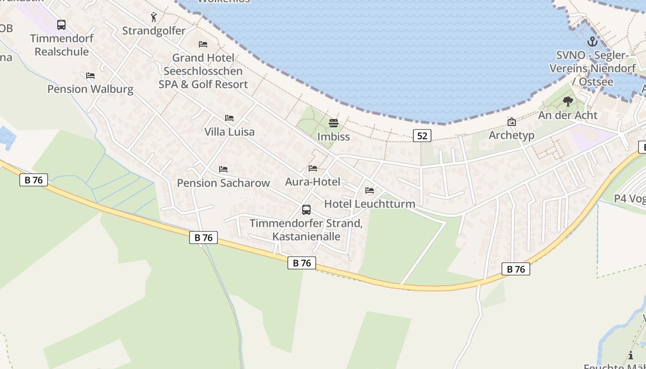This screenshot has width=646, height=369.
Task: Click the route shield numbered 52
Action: pos(422,135)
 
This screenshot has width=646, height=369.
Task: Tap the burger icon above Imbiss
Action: pos(334,123)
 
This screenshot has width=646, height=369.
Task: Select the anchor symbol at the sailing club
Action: pos(592,42)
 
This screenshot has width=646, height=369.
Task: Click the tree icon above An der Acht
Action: pos(568,101)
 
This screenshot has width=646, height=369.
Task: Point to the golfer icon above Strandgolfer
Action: pos(154,18)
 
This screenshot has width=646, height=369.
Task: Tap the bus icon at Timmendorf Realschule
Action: pos(61,25)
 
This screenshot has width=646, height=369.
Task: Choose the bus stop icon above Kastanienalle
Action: pos(306,210)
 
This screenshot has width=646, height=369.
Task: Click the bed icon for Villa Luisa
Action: pos(229,118)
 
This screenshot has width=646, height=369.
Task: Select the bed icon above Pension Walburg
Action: pos(90,75)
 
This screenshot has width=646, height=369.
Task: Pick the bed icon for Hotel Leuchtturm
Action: pos(370,190)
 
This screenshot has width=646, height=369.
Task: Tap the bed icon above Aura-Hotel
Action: pos(313,168)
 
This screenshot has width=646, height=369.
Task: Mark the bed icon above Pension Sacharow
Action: pos(223,169)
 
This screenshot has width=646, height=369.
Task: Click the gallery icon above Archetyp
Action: pos(511,122)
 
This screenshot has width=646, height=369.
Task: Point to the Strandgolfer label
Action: pos(154,31)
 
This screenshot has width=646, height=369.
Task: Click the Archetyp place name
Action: pos(511,135)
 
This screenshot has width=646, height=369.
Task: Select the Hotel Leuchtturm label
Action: pos(370,203)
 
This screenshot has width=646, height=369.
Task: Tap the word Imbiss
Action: pos(334,137)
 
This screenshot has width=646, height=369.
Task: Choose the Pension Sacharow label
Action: pos(223,183)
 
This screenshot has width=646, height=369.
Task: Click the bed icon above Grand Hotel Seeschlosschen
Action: pos(203,44)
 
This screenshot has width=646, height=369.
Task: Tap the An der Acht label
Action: pos(568,115)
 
